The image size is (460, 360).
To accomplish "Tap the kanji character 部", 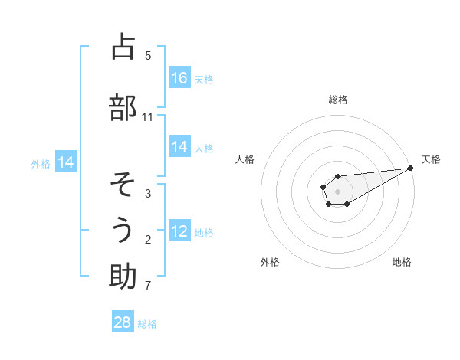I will (123, 108).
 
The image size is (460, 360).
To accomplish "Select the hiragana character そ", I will (123, 184).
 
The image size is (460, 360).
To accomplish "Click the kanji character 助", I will (123, 277).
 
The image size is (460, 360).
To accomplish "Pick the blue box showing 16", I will (179, 78).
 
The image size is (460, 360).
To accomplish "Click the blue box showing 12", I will (179, 232).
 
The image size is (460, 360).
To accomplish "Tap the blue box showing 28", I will (123, 322).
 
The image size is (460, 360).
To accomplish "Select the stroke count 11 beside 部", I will (148, 117).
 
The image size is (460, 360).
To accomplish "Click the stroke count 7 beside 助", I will (148, 286).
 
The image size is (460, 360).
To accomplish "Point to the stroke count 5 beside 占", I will (148, 55).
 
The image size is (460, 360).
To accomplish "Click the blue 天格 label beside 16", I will (204, 79).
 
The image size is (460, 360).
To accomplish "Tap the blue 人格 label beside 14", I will (204, 148).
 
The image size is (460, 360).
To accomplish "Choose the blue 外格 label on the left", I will (41, 163).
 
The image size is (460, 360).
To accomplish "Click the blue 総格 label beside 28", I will (147, 323).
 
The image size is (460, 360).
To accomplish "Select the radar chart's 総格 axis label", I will (338, 100).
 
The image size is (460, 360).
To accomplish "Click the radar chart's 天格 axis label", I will (432, 159).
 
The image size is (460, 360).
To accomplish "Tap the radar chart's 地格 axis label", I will (402, 263).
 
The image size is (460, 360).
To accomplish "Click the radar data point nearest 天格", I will (410, 168).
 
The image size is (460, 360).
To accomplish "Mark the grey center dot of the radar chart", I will (337, 191).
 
